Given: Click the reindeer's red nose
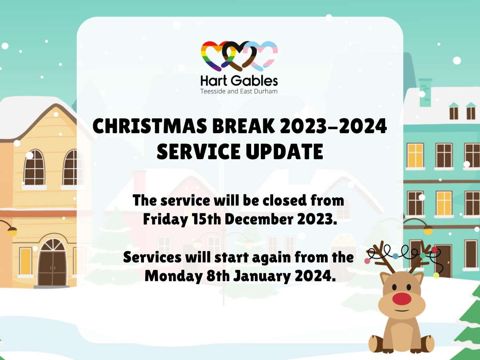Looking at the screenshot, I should pos(401,298).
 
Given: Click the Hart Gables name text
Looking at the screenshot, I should pos(239,80).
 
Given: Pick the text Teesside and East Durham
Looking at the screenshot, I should pos(239,91).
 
